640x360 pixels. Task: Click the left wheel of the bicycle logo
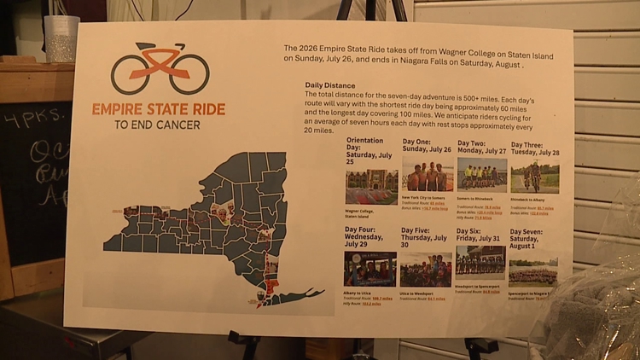tap(131, 74)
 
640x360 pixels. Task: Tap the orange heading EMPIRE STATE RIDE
tap(159, 109)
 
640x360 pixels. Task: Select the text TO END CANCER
tap(158, 125)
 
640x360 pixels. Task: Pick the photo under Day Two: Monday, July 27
tap(481, 175)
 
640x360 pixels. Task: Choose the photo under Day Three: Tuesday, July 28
tap(535, 177)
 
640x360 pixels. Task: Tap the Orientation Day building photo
tap(371, 186)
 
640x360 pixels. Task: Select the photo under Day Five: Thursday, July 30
tap(426, 270)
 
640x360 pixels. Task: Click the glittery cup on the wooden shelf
tap(61, 39)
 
